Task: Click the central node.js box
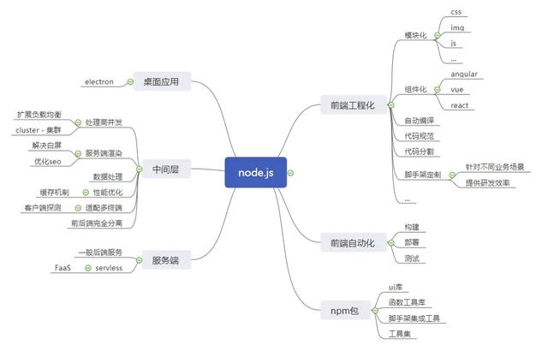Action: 254,172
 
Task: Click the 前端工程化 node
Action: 352,104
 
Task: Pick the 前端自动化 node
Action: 352,243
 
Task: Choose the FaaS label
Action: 63,268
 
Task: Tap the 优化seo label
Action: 48,161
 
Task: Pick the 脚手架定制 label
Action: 421,174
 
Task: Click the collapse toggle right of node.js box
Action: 291,172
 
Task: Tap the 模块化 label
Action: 415,36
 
